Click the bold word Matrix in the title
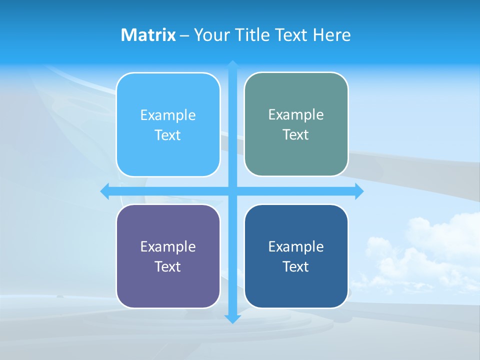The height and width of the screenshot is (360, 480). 148,35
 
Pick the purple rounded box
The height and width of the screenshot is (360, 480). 168,287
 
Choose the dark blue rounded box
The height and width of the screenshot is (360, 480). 296,287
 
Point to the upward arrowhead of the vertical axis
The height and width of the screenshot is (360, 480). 232,65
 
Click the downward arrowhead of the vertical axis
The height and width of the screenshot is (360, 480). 232,319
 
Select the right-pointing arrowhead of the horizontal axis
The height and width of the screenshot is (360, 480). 359,191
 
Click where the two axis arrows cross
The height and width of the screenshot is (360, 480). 232,191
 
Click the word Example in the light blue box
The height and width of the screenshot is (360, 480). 168,115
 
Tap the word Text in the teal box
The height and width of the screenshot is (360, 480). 296,135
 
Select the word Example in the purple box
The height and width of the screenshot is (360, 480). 168,247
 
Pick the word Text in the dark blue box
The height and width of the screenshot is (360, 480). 296,267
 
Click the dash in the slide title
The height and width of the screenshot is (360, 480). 184,35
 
